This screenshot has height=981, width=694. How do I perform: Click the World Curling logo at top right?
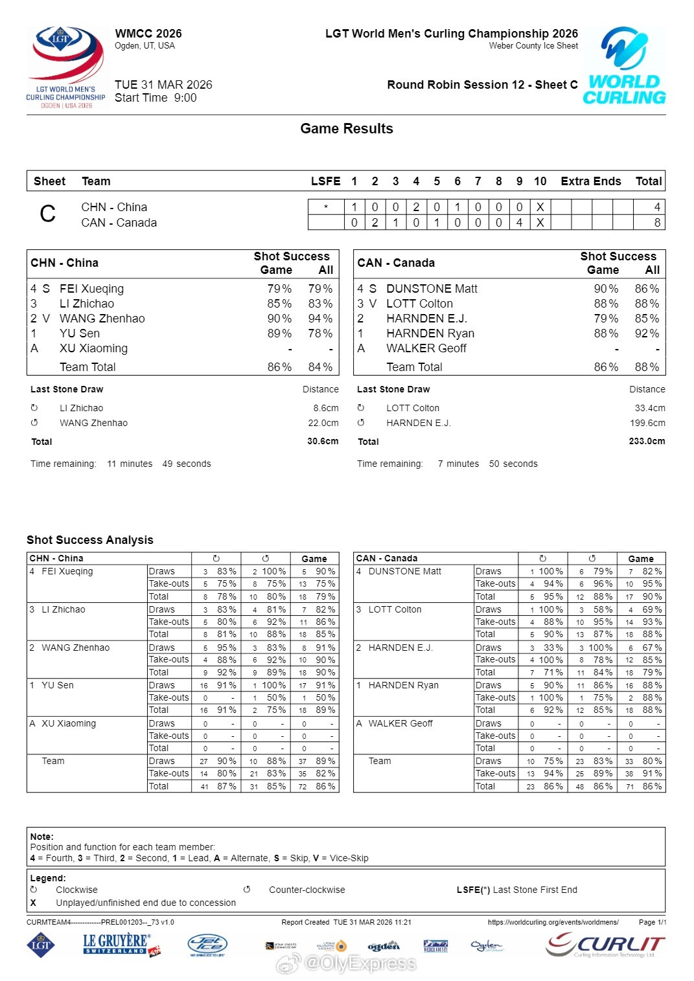pos(624,66)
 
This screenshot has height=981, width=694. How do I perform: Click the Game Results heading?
pos(347,129)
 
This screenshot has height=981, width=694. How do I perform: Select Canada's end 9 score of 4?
pos(519,223)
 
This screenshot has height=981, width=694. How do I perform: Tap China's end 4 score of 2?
pos(416,207)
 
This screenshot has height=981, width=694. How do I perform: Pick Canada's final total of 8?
pos(657,223)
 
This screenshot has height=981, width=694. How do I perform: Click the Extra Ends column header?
pos(590,181)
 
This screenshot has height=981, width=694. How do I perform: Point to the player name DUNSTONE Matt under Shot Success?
pos(432,289)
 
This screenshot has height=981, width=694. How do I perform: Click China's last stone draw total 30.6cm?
pos(323,442)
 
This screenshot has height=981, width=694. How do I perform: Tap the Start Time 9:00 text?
pos(156,98)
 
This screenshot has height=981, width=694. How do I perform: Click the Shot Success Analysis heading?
pos(90,540)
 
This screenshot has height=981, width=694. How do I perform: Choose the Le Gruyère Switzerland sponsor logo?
pos(121,944)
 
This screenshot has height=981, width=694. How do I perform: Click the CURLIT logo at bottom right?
pos(605,945)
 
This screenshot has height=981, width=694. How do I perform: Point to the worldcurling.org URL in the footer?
pos(553,922)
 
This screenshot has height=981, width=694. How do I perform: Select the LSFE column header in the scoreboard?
pos(325,181)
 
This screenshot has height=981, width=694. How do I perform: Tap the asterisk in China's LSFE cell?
pos(326,207)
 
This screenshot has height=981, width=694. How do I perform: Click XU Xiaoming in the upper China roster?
pos(93,348)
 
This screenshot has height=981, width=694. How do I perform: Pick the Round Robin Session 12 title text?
pos(482,85)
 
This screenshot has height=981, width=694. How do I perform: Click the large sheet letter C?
pos(48,214)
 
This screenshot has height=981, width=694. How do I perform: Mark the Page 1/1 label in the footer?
pos(652,922)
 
